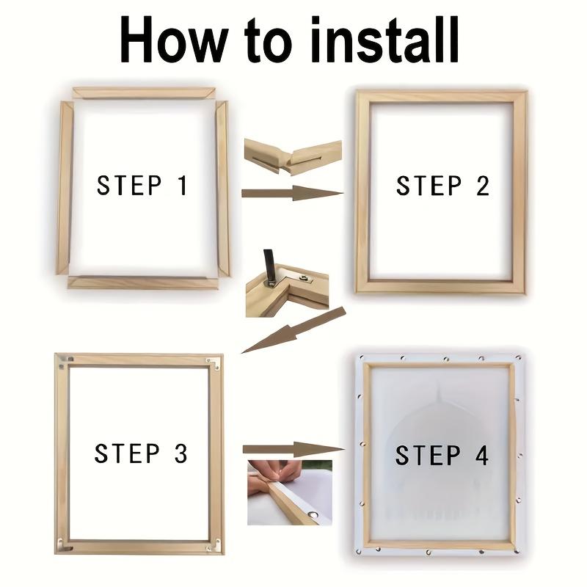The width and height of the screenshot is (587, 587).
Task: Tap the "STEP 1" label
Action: pos(142,186)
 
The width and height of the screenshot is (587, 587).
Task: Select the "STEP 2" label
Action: pos(442,186)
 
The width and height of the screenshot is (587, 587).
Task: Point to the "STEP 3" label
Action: pos(141,453)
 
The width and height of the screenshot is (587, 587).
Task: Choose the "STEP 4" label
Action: pos(442,455)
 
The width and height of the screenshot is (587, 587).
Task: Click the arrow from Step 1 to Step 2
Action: pos(291,194)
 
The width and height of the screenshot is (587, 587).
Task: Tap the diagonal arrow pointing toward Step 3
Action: pos(293,330)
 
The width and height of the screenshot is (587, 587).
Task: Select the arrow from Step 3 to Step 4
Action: pos(292,449)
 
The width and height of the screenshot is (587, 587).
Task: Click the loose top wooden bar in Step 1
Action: pos(144,93)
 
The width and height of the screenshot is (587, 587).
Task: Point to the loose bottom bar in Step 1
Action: pos(143,282)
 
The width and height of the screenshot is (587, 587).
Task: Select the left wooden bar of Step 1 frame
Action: pos(65,187)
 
